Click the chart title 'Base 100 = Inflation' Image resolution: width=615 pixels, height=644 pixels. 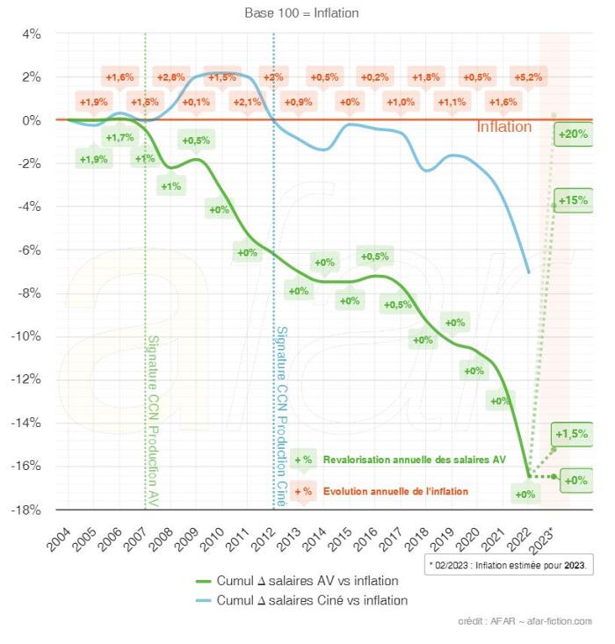click(301, 13)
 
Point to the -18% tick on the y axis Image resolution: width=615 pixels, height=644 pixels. click(27, 510)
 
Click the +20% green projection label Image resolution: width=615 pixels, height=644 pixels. click(572, 134)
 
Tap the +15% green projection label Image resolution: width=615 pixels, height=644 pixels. click(572, 200)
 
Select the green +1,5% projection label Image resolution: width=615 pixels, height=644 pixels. click(572, 434)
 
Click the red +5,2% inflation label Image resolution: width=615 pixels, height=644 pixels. click(529, 77)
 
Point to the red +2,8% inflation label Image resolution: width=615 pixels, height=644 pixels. click(170, 77)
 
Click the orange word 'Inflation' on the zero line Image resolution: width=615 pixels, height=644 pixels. click(503, 127)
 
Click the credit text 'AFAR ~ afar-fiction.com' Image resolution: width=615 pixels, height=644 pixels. click(525, 621)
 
